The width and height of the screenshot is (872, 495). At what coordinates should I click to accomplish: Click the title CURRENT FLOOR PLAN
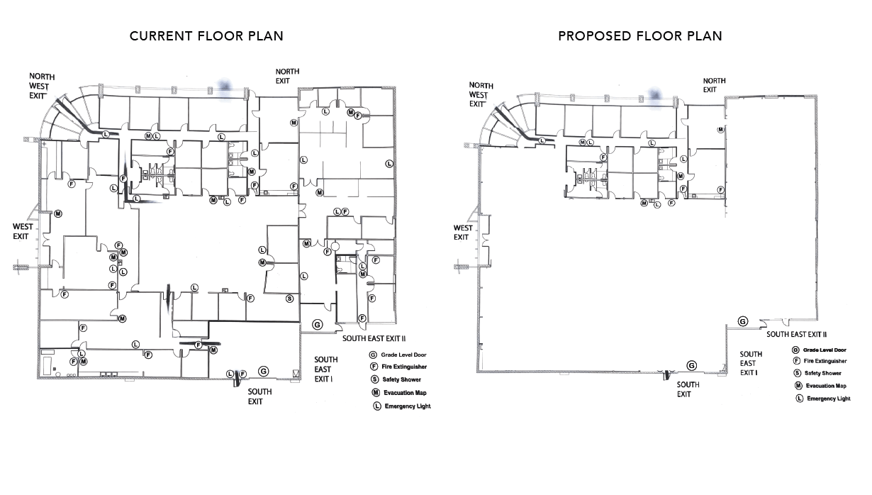tap(206, 36)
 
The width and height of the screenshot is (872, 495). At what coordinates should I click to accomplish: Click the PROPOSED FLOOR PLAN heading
tap(640, 36)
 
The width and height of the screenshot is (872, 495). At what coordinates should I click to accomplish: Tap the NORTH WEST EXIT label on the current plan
tap(42, 86)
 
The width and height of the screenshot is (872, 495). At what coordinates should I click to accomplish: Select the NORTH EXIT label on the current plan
tap(287, 76)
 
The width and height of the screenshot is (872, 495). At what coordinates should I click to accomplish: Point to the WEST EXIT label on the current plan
tap(23, 231)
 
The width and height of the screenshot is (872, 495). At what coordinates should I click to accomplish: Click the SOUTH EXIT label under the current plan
tap(259, 396)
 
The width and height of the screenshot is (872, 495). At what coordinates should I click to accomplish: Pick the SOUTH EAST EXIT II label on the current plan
tap(374, 338)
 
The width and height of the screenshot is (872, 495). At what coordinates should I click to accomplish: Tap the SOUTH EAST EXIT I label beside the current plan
tap(326, 369)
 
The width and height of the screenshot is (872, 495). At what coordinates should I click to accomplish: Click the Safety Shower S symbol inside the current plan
tap(289, 299)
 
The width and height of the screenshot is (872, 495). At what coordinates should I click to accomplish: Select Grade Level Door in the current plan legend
tap(403, 355)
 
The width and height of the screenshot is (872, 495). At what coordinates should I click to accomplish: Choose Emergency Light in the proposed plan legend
tap(828, 399)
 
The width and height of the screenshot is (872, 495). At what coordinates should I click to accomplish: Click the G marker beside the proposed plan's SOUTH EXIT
tap(691, 366)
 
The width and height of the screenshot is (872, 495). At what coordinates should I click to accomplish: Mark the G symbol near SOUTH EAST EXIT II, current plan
tap(318, 324)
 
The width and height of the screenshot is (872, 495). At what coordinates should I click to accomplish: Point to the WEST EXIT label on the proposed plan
tap(463, 233)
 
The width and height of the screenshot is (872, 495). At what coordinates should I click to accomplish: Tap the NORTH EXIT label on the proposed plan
tap(714, 85)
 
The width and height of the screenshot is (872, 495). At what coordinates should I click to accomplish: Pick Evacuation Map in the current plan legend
tap(405, 393)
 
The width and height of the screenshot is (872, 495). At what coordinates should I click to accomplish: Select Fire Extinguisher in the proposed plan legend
tap(825, 361)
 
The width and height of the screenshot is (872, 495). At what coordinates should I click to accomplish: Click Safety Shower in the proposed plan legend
tap(822, 373)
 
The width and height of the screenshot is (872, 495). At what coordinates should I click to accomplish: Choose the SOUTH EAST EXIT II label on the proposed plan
tap(796, 334)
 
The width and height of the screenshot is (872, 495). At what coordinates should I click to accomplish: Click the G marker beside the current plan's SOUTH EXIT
tap(264, 371)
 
